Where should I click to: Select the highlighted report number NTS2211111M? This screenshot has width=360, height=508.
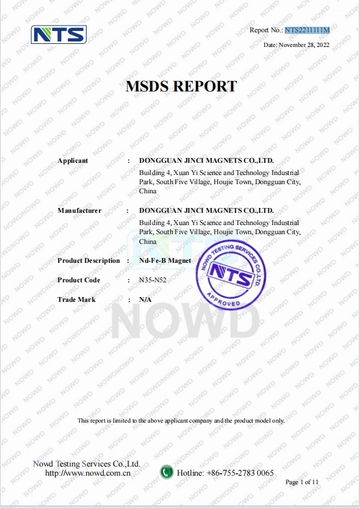[307, 30]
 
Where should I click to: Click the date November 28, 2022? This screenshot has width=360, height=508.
[297, 45]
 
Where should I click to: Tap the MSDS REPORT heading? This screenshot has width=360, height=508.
[181, 87]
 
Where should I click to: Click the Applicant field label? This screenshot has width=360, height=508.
[73, 160]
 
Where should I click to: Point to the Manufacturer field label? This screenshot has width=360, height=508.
[79, 210]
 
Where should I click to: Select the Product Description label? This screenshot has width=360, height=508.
[88, 260]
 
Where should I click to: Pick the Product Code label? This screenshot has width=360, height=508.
[79, 280]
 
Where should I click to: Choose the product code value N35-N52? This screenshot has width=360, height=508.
[155, 280]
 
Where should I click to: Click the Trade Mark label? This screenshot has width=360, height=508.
[76, 299]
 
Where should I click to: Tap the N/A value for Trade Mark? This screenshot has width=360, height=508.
[145, 299]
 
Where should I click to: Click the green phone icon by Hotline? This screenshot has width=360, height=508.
[167, 472]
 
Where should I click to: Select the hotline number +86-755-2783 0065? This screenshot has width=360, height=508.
[240, 473]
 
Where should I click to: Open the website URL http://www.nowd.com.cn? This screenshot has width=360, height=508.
[88, 473]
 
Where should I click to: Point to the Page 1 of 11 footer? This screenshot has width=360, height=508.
[302, 482]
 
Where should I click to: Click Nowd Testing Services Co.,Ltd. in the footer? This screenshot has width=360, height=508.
[87, 463]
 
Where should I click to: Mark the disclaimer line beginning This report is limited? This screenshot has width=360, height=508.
[181, 421]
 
